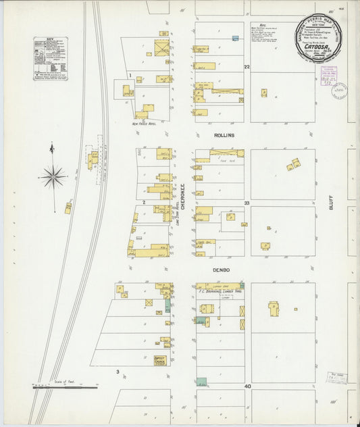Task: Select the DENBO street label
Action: (222, 270)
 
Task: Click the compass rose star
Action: (53, 177)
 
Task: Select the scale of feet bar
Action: (65, 387)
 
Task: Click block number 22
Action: (247, 67)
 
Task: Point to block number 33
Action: (247, 203)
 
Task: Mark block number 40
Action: (248, 386)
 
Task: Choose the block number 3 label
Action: (118, 372)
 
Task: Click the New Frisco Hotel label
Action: (144, 124)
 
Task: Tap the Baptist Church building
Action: (161, 359)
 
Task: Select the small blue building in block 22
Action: (234, 39)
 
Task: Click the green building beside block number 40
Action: (201, 382)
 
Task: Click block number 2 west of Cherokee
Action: (143, 202)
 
